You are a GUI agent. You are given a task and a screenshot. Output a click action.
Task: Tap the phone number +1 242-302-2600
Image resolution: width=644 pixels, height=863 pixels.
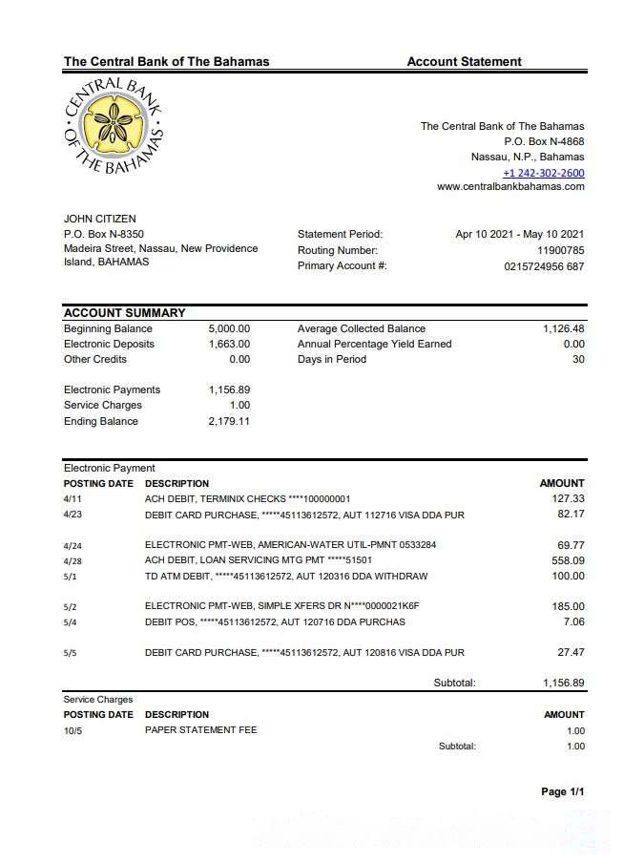tap(543, 173)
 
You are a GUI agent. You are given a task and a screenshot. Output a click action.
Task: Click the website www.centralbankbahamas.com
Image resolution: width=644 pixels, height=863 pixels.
tap(510, 187)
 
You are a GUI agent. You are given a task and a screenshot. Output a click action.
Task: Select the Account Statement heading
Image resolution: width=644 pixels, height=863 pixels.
tap(464, 62)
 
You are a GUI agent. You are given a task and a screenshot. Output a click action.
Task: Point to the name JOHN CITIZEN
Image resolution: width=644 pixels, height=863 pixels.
tap(99, 220)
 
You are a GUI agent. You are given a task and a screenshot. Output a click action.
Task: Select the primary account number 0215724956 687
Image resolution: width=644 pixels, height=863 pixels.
tap(544, 266)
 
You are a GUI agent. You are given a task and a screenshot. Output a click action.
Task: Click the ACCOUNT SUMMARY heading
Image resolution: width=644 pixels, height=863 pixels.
tap(124, 313)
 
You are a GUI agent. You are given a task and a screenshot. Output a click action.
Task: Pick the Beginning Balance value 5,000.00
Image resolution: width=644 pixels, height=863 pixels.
tap(229, 328)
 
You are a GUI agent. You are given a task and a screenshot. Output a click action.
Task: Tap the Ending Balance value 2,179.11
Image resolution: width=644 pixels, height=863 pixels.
tap(229, 421)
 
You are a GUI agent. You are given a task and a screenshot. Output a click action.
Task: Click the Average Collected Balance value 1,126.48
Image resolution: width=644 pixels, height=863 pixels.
tap(563, 328)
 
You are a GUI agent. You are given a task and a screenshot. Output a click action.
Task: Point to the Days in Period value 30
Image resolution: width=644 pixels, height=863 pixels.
tap(577, 359)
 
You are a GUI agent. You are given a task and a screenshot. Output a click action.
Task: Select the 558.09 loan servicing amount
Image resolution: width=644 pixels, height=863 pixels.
tap(568, 560)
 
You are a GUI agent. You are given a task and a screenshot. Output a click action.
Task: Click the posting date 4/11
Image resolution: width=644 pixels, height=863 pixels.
tap(73, 498)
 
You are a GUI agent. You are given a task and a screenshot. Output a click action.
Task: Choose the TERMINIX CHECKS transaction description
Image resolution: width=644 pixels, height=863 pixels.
tap(247, 498)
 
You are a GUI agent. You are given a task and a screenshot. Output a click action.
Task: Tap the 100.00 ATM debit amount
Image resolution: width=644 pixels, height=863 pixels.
tap(568, 577)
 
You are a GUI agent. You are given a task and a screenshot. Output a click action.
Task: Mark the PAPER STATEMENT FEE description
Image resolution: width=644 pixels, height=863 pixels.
tap(200, 730)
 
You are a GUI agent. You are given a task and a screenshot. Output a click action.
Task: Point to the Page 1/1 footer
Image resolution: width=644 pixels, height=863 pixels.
tap(562, 792)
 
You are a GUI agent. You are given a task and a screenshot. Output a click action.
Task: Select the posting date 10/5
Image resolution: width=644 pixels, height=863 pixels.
tap(73, 730)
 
